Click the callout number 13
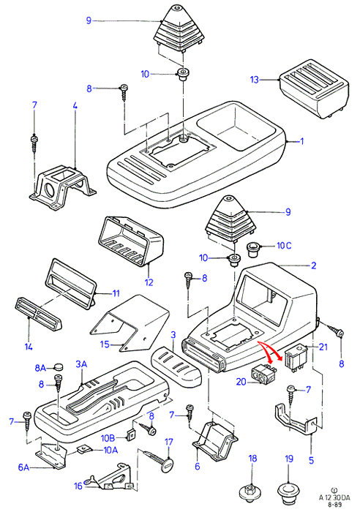click(x=255, y=80)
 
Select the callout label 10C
click(x=284, y=246)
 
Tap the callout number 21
click(x=323, y=347)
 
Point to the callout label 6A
click(x=24, y=467)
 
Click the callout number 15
click(x=105, y=345)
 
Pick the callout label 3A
click(x=81, y=364)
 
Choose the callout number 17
click(x=168, y=442)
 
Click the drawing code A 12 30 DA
click(x=334, y=498)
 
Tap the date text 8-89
click(x=334, y=505)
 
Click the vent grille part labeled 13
click(x=314, y=89)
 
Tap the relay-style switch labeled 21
click(x=296, y=358)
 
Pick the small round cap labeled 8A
click(x=58, y=367)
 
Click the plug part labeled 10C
click(x=253, y=250)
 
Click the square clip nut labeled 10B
click(x=131, y=434)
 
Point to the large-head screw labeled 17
click(x=157, y=460)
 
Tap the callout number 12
click(x=149, y=282)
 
